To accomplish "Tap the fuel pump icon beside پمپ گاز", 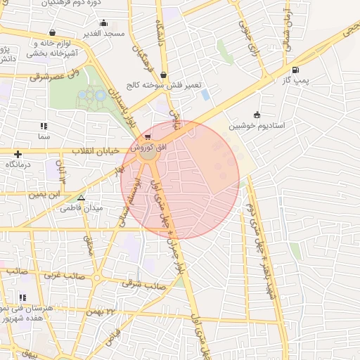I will (294, 70).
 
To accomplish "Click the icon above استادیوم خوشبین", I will (257, 115).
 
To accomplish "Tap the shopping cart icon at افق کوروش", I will (146, 137).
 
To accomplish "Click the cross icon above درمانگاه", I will (18, 154).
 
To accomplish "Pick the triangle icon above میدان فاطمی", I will (82, 198).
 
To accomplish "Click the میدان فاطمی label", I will (82, 208).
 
